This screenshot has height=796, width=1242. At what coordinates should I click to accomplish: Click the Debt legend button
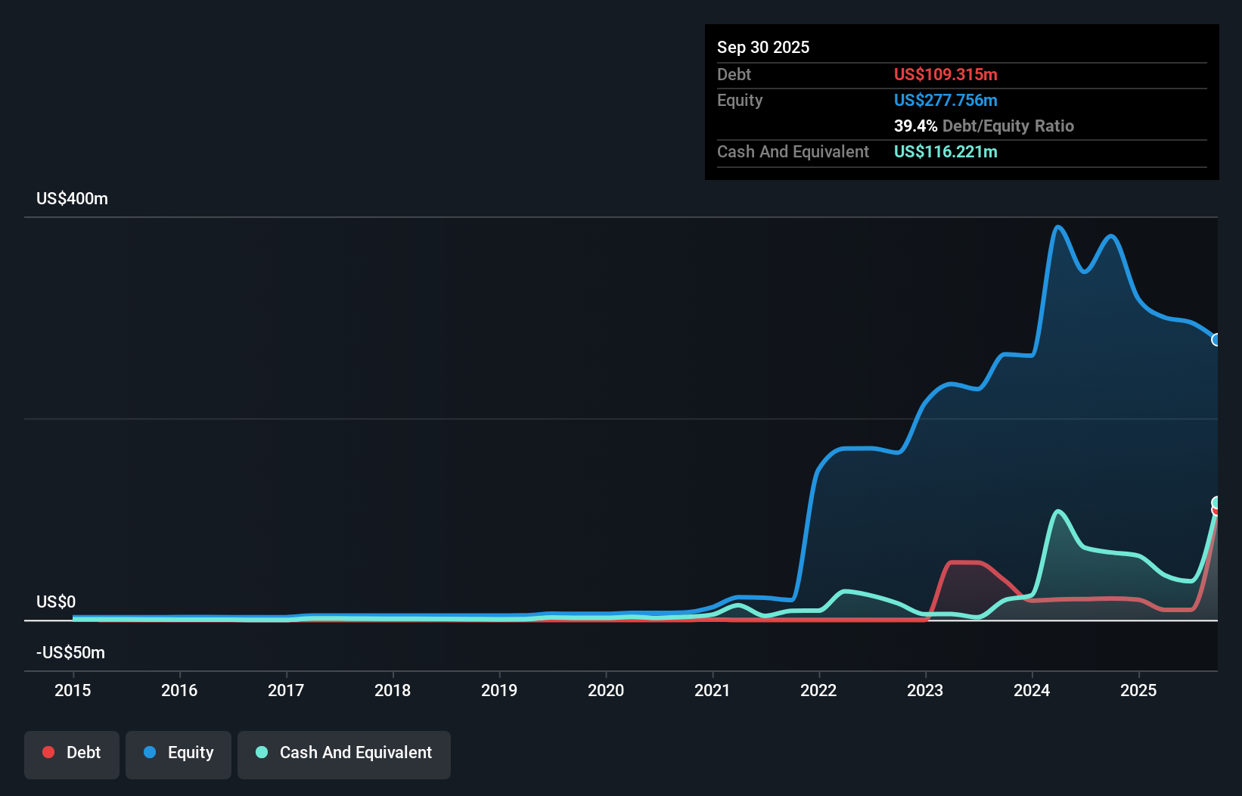click(71, 754)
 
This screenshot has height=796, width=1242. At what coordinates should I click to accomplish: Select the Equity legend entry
click(179, 754)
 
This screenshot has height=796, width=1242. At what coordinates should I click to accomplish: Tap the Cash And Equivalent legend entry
click(344, 754)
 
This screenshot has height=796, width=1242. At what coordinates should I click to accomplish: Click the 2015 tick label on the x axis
click(73, 690)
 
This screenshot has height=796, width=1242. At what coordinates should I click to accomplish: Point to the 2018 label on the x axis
click(393, 690)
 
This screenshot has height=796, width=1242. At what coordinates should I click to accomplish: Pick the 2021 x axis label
click(713, 690)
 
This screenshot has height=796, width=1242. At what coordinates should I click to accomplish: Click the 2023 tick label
click(925, 690)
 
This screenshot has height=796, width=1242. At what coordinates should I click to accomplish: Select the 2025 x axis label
click(1138, 690)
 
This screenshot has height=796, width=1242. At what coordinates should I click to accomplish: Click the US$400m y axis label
click(72, 199)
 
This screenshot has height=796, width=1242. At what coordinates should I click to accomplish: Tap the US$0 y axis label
click(56, 602)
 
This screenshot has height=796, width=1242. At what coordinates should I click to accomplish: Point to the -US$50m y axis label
click(70, 653)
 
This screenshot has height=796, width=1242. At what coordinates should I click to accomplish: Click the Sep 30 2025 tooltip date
click(763, 48)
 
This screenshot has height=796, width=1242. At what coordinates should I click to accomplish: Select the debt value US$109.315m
click(945, 75)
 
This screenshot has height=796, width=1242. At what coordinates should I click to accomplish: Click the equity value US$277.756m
click(945, 101)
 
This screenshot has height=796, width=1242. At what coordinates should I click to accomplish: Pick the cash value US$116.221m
click(945, 152)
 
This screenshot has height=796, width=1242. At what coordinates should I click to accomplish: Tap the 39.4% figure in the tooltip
click(915, 126)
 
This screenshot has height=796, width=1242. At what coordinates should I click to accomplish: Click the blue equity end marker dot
click(1216, 340)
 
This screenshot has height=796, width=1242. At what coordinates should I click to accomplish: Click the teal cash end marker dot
click(1216, 502)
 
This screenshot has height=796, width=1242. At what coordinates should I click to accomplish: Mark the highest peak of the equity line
click(1057, 227)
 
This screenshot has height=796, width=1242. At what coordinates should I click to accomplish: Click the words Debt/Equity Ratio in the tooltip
click(1008, 126)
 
